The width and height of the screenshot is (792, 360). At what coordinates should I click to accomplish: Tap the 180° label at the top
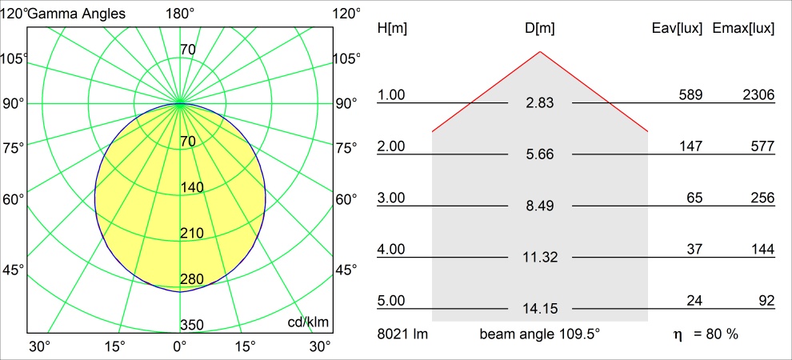180,14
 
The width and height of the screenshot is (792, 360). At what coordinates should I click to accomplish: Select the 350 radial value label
193,325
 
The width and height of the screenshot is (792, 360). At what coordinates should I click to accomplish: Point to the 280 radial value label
193,279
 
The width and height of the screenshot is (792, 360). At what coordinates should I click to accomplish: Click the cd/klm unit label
309,322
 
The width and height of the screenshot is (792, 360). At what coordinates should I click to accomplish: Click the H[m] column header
392,29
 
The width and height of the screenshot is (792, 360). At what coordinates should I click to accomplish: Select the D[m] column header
540,29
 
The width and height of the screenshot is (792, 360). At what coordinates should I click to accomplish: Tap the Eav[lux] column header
678,29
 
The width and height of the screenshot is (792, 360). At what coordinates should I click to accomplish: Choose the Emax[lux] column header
743,29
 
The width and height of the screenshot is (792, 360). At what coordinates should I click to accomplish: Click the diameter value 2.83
540,103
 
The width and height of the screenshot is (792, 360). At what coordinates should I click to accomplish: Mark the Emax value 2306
758,95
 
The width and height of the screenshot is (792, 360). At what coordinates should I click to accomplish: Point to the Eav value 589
690,95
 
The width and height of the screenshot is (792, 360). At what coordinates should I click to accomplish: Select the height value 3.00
391,198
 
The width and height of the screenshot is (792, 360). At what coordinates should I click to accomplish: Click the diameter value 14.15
540,309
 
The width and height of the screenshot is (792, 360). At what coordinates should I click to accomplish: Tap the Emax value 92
766,301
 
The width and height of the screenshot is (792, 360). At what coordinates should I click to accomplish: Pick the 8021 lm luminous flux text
402,334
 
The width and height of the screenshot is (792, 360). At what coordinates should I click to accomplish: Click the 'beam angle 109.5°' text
540,334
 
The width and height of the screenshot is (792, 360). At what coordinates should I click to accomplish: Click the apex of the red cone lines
540,52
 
